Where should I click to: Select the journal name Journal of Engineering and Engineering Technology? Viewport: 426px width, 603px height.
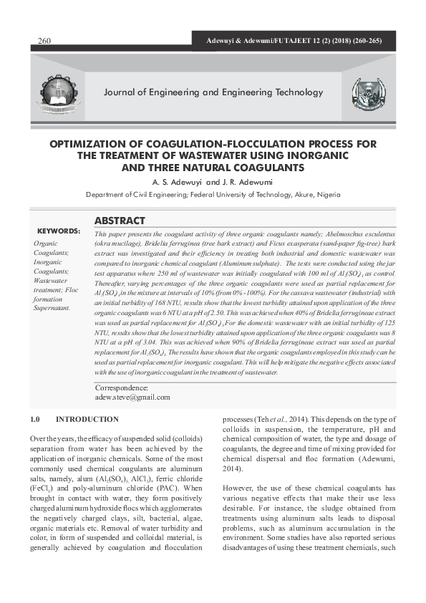point(213,92)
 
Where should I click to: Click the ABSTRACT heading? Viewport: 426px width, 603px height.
point(120,221)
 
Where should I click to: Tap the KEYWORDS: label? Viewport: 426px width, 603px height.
point(59,231)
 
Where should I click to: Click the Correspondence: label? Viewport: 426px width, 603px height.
point(122,387)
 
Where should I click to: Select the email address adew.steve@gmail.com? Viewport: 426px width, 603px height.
point(132,396)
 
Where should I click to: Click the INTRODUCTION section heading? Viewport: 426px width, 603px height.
point(87,419)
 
